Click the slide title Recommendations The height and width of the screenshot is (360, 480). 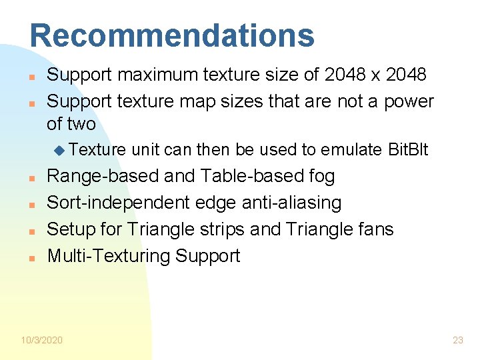pyautogui.click(x=171, y=35)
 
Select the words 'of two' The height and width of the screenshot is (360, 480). pyautogui.click(x=71, y=124)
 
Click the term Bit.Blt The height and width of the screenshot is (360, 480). pyautogui.click(x=408, y=150)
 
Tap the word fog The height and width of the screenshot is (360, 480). pyautogui.click(x=322, y=176)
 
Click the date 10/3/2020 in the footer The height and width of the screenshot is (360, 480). pyautogui.click(x=41, y=340)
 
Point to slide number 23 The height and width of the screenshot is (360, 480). pyautogui.click(x=457, y=340)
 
